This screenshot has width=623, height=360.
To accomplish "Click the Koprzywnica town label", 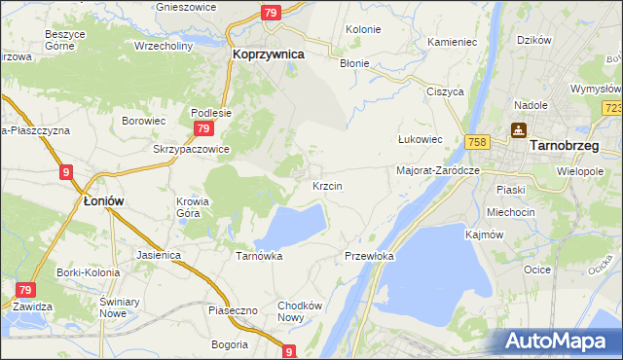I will (x=269, y=55).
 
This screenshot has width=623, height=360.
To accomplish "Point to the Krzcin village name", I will (x=326, y=185).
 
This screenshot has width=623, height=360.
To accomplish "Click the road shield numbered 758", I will (x=476, y=142).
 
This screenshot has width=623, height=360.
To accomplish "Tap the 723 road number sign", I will (x=612, y=108).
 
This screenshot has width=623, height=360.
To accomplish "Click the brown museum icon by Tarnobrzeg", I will (x=518, y=129).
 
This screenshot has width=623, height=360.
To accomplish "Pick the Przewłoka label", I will (x=369, y=256).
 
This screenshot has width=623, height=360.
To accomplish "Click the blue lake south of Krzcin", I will (x=291, y=226).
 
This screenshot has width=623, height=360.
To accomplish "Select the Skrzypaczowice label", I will (x=191, y=150).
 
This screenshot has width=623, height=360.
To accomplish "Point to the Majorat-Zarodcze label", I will (x=439, y=170).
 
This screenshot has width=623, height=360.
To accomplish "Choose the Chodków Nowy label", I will (x=299, y=311).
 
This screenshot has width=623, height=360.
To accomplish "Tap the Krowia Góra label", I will (x=193, y=208).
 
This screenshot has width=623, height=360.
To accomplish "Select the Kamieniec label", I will (x=452, y=43).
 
